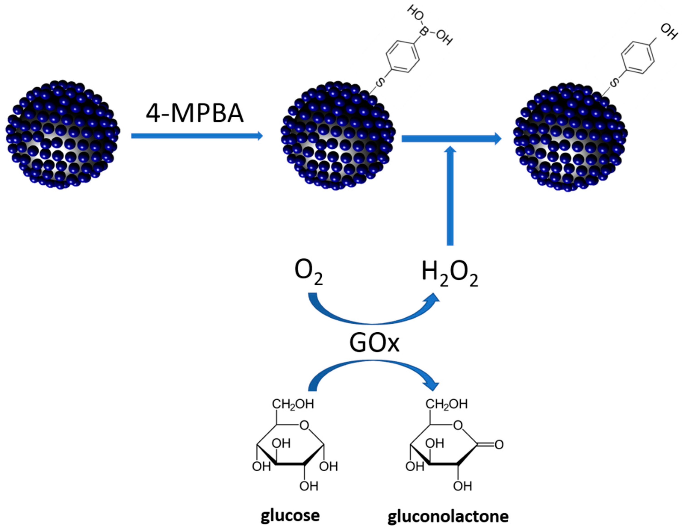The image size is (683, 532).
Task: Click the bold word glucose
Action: coord(290,515)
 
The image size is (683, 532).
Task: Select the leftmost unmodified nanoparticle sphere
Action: coord(62,135)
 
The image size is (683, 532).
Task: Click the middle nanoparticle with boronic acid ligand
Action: coord(338,136)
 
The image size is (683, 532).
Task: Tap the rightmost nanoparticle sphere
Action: coord(570,138)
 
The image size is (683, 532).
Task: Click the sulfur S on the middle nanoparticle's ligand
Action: coord(379,83)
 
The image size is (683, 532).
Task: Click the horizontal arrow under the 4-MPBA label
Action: coord(197,136)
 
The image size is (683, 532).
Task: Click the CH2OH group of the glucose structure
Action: coord(293,404)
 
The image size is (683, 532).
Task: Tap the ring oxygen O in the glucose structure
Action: coord(304,425)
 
